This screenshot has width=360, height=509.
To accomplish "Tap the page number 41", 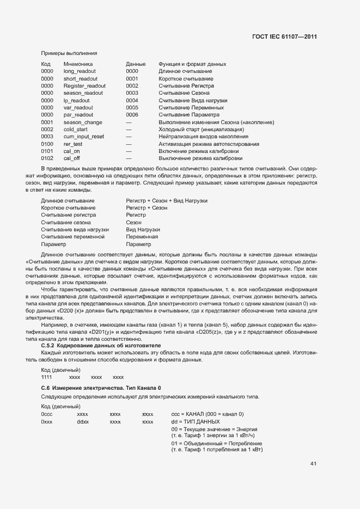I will (313, 464).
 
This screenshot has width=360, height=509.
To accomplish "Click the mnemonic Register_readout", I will (84, 86).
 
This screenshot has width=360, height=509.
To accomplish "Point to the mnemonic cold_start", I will (76, 130).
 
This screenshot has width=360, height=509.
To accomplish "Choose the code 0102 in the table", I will (47, 158).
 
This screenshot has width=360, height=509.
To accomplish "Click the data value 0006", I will (132, 115).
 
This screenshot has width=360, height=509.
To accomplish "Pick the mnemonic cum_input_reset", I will (83, 137).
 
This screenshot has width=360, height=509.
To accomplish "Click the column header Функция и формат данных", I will (192, 64).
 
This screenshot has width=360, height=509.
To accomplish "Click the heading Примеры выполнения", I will (69, 53).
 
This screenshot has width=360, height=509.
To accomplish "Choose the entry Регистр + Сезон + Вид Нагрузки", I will (167, 201).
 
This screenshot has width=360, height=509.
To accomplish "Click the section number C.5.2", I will (50, 346).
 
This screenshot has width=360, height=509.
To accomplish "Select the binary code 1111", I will (47, 377).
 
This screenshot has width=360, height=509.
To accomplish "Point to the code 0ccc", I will (47, 414).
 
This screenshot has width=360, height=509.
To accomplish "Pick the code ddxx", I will (83, 421).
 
